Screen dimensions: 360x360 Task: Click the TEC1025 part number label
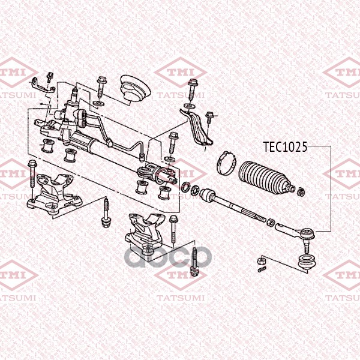(x=284, y=147)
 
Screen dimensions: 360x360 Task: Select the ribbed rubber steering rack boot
(x=267, y=178)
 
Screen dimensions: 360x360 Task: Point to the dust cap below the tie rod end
(x=306, y=262)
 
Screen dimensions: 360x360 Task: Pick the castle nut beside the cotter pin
(x=260, y=260)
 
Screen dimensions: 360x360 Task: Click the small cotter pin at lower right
(x=262, y=269)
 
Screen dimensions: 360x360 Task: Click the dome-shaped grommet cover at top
(x=135, y=88)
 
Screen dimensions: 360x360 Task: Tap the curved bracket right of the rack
(x=196, y=128)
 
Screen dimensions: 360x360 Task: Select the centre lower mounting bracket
(x=145, y=233)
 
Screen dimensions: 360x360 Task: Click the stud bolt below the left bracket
(x=106, y=213)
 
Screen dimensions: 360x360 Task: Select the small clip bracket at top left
(x=43, y=86)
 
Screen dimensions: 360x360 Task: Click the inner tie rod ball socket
(x=208, y=195)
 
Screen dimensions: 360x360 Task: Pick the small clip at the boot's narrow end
(x=301, y=192)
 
